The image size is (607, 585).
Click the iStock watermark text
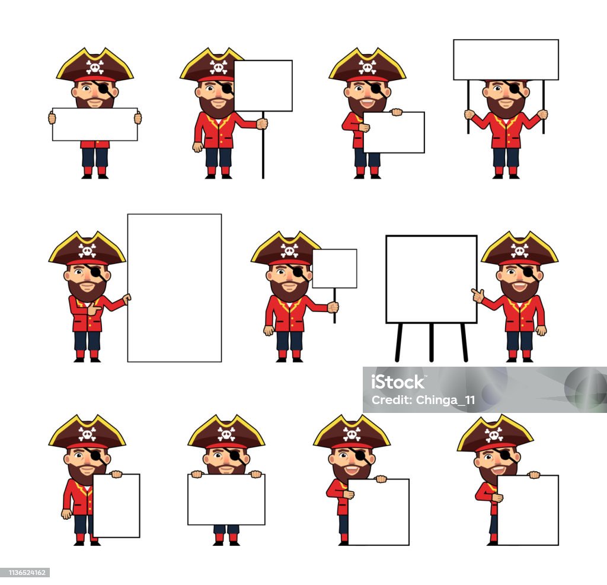[x=398, y=382]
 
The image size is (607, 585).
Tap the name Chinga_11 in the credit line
[x=445, y=400]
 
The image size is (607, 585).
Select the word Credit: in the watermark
[x=392, y=400]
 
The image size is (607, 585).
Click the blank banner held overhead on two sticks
[x=506, y=60]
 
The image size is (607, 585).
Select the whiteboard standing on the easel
[x=432, y=279]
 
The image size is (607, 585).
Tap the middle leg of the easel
[x=432, y=342]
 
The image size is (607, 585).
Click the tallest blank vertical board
[x=174, y=288]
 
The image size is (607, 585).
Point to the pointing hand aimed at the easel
[x=478, y=295]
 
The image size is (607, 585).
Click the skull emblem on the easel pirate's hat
[x=519, y=250]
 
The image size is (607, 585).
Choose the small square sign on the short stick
[x=334, y=269]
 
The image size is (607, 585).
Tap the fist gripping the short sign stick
[x=333, y=307]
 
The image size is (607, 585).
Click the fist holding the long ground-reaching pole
[x=262, y=123]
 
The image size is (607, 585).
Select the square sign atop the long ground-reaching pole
[x=263, y=85]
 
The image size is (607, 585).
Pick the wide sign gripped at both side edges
[x=95, y=125]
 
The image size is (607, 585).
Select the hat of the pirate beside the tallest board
[x=87, y=249]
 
